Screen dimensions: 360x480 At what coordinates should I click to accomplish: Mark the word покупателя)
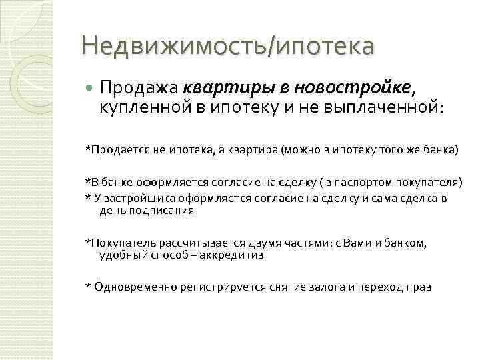429,181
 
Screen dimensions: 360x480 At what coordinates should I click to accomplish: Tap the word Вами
363,243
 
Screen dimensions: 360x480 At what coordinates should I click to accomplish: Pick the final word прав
419,287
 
